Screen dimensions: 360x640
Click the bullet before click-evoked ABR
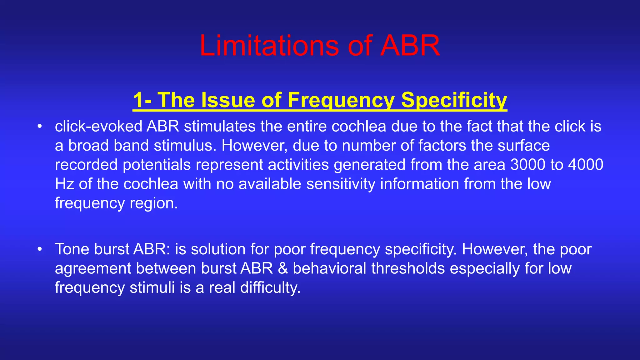tap(39, 127)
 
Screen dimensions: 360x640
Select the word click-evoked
tap(98, 126)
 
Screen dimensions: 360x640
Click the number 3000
tap(527, 165)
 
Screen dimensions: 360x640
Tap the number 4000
tap(586, 165)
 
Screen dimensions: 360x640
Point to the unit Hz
tap(64, 184)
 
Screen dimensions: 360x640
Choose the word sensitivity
tap(341, 184)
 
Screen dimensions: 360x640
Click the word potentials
tap(157, 165)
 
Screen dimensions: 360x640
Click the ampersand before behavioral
tap(282, 268)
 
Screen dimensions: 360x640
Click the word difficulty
tap(270, 287)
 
